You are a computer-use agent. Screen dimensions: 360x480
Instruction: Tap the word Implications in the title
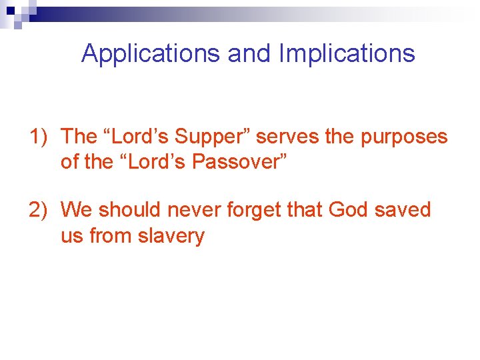347,53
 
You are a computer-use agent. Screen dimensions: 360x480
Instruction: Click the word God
351,210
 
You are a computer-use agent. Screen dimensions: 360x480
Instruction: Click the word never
195,210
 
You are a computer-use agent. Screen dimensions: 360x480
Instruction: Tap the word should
130,210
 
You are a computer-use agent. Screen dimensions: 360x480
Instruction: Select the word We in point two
76,210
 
